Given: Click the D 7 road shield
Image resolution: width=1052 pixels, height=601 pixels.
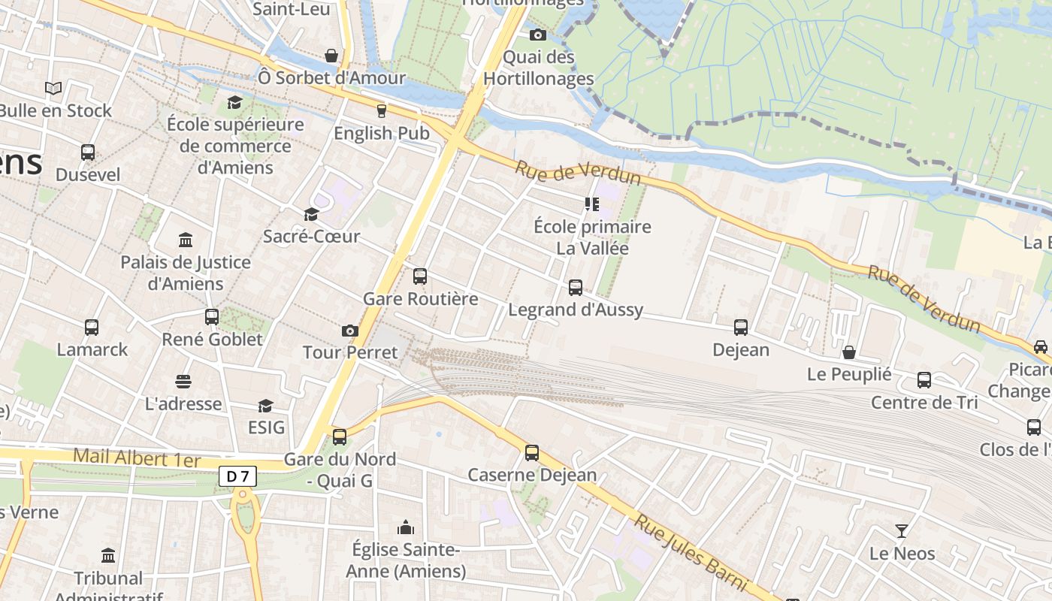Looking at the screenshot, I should click(x=238, y=476).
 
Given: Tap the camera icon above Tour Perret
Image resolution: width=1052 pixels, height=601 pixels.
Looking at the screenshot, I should click(x=349, y=331).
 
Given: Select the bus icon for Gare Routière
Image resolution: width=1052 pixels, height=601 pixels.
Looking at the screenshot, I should click(x=420, y=276).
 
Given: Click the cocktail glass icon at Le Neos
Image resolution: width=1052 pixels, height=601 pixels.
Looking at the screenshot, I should click(x=902, y=531).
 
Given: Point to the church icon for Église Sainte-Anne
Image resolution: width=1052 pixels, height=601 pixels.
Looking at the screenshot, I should click(x=406, y=527).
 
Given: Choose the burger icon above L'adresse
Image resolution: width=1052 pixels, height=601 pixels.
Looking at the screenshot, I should click(x=183, y=381).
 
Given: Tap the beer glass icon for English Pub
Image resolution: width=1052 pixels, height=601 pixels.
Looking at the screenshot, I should click(x=381, y=110).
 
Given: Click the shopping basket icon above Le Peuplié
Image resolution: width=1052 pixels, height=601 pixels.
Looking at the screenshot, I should click(x=849, y=352).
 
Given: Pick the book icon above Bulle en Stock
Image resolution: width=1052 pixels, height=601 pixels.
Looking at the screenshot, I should click(x=53, y=88).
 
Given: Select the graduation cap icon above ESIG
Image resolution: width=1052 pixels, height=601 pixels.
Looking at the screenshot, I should click(x=265, y=406).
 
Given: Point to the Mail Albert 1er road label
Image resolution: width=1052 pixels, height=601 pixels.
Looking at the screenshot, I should click(x=137, y=457).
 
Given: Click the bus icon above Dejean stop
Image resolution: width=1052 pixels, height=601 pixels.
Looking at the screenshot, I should click(x=741, y=327).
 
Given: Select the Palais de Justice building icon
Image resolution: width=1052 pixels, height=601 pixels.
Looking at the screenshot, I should click(x=186, y=240).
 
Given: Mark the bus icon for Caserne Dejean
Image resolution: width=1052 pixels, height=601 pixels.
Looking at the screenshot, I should click(x=532, y=452).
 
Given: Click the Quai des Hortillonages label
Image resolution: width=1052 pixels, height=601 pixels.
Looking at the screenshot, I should click(x=538, y=68).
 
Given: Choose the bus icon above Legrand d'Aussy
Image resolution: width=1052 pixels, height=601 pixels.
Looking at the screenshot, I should click(x=576, y=287).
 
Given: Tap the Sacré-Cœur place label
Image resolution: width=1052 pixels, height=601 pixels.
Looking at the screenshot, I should click(x=311, y=237).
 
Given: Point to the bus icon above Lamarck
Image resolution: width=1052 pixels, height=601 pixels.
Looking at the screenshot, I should click(x=92, y=327).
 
